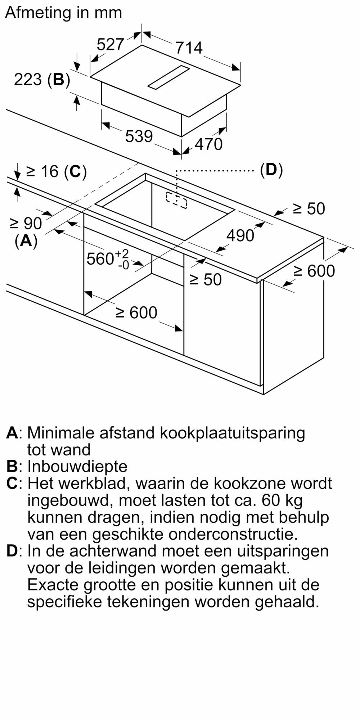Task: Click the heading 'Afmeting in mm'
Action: [64, 13]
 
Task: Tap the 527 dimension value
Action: [110, 44]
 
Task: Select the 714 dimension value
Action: [189, 48]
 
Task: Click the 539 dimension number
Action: [139, 136]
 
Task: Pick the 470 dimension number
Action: [209, 144]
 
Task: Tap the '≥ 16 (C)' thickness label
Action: [57, 171]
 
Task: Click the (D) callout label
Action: [271, 169]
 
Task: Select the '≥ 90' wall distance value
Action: [26, 224]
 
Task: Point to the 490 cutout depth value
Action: [240, 235]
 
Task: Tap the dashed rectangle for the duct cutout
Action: [176, 200]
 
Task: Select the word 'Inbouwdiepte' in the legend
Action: [77, 467]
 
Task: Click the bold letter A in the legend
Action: [12, 432]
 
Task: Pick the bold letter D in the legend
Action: [12, 551]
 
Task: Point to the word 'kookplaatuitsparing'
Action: [232, 433]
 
